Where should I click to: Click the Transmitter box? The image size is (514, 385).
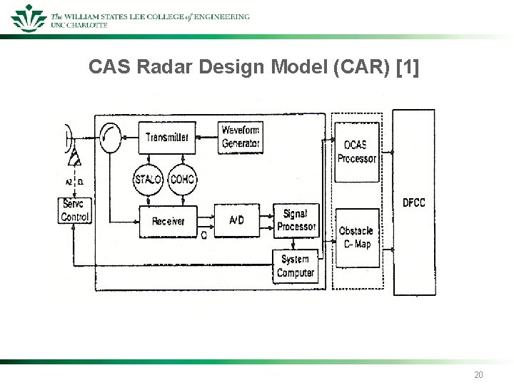pos(167,137)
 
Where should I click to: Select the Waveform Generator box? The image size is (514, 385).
pos(240,137)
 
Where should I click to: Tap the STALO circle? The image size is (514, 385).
pos(148,179)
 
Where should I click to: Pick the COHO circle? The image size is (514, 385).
pos(183,179)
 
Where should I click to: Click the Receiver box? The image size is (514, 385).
pos(167,222)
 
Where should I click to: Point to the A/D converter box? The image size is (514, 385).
pos(237,221)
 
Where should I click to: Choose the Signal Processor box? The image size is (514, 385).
pos(296,220)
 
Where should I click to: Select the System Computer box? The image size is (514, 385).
pos(296,266)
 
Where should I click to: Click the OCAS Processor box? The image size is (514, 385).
pos(357,152)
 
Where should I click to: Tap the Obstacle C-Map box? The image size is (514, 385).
pos(357,237)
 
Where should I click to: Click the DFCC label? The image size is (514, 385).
pos(413,203)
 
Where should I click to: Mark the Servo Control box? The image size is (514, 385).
pos(75,210)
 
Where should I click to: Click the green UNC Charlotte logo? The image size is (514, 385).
pos(29,17)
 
